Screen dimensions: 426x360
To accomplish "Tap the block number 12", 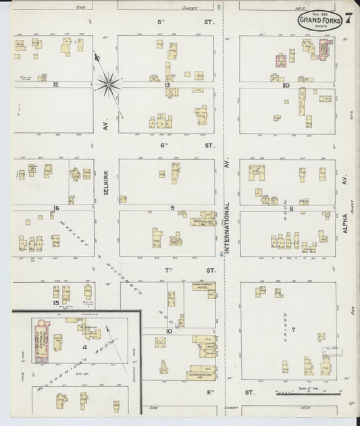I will [x=56, y=85].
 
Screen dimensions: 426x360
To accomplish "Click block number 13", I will [x=165, y=85].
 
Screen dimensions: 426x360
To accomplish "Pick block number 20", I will [x=286, y=86].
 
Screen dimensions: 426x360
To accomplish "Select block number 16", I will [x=57, y=208].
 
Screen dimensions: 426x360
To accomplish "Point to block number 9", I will [x=172, y=207].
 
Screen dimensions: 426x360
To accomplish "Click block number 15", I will [x=57, y=303].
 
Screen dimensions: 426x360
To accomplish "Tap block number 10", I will [x=169, y=331].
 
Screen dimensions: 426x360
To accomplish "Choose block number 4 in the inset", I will [x=85, y=347].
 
